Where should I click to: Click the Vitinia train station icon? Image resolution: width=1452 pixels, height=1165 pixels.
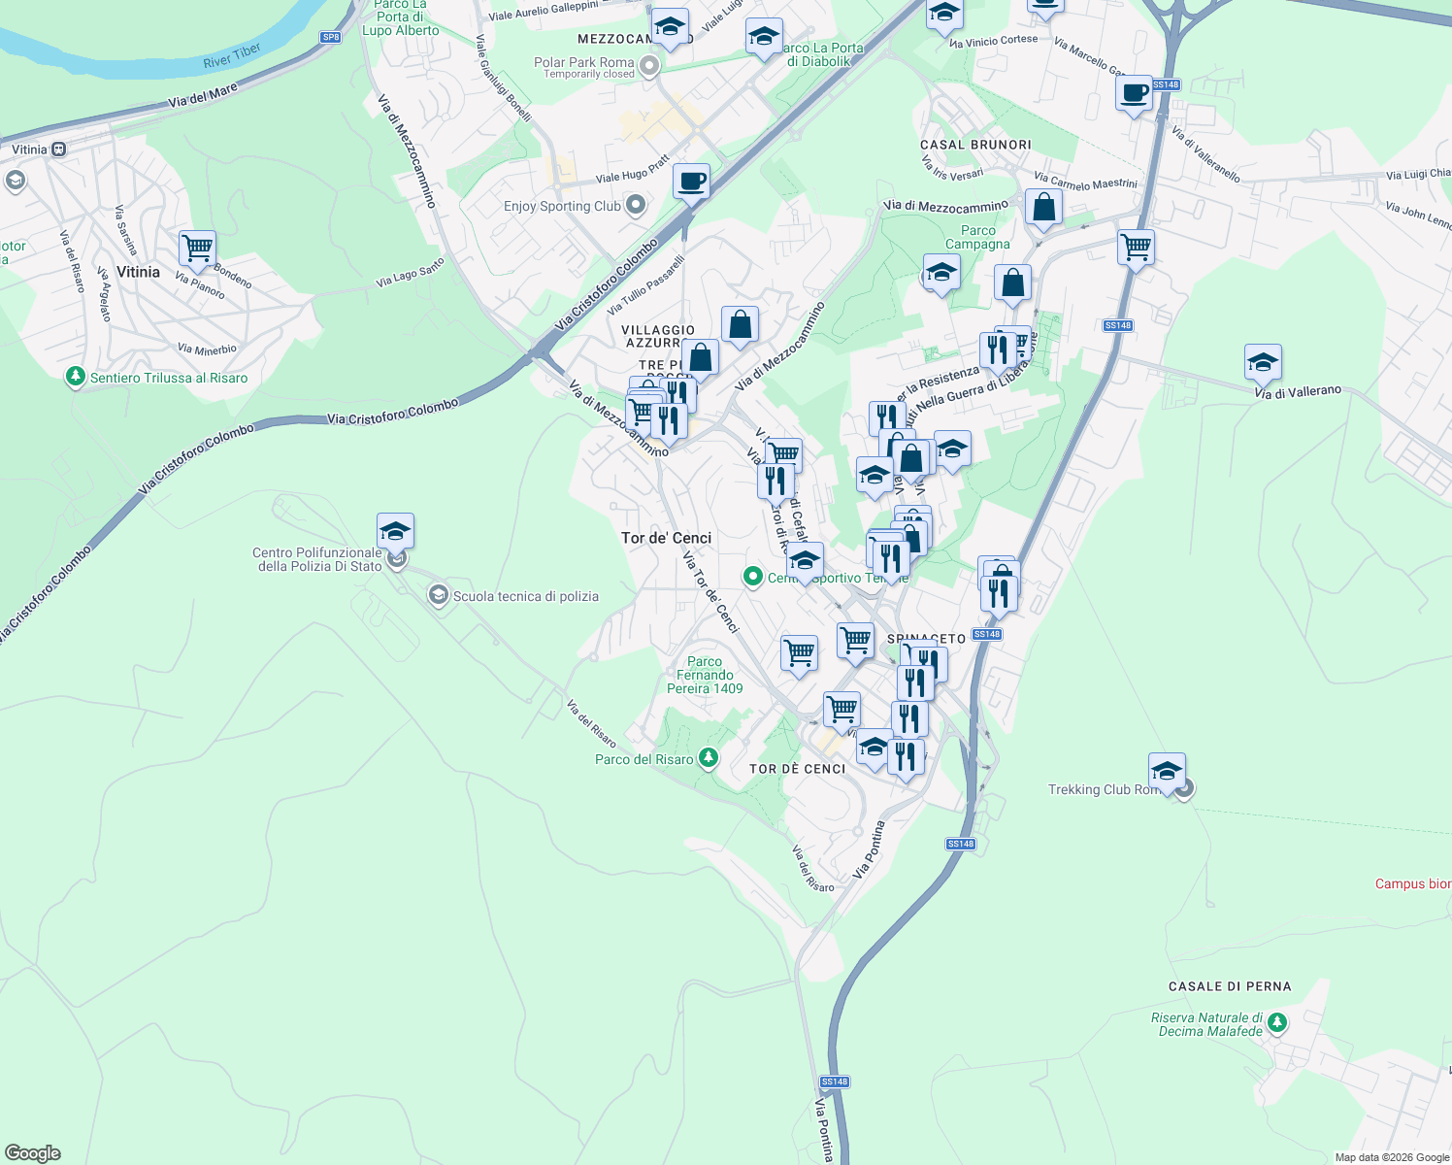[59, 150]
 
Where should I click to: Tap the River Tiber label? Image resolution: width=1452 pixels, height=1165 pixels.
[232, 55]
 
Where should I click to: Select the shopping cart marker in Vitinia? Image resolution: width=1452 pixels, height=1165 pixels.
[197, 249]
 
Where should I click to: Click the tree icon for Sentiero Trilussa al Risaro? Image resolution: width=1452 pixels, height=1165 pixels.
[76, 377]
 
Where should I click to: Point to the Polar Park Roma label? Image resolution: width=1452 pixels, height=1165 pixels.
[583, 63]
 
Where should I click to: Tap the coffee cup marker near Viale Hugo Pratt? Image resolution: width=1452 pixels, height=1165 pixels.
[691, 181]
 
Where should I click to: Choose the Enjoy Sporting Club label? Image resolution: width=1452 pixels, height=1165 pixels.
[562, 206]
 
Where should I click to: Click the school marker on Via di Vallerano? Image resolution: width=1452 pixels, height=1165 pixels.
[1262, 362]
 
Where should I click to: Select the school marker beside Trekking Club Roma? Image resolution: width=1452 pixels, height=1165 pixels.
[1166, 772]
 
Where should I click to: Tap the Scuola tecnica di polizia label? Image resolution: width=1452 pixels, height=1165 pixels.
[525, 596]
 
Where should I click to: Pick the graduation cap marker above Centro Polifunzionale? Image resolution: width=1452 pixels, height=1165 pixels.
[395, 531]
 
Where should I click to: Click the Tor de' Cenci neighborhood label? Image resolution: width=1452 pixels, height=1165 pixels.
[666, 538]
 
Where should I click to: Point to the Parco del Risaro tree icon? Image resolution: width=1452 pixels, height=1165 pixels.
[709, 757]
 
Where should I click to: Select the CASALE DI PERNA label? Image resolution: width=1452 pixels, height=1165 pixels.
[1230, 986]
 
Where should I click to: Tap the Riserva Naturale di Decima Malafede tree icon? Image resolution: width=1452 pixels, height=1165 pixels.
[1277, 1022]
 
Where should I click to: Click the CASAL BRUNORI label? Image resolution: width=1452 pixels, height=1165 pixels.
[975, 145]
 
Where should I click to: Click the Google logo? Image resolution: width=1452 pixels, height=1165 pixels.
[33, 1153]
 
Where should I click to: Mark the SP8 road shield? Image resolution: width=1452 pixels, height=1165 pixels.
[331, 38]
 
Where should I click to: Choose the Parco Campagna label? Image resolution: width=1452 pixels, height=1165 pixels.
[977, 238]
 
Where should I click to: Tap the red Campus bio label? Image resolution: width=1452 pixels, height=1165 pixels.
[1412, 883]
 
